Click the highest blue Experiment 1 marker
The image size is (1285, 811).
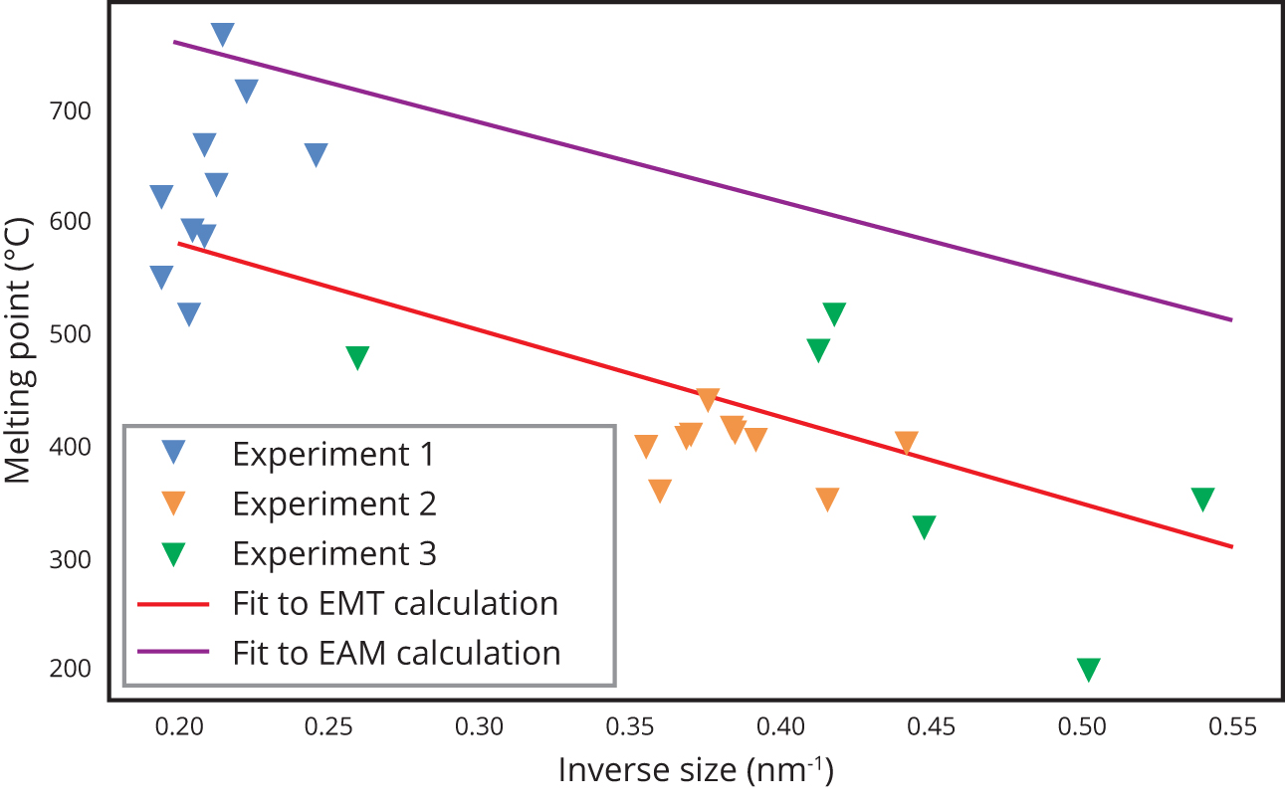point(223,34)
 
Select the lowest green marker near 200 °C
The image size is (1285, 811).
point(1088,669)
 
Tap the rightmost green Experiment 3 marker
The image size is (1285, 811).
point(1202,499)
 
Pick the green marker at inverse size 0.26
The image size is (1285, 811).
point(357,357)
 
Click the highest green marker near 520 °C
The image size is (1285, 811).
point(834,314)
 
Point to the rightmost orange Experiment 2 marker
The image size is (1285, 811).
point(906,443)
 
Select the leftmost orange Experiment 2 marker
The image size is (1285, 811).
point(646,446)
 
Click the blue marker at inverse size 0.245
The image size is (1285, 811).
point(317,154)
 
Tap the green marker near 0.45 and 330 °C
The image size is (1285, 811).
point(924,526)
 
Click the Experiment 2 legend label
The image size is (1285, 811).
point(334,504)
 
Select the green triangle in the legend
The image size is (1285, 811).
point(174,553)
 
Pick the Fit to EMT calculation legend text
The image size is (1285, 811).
point(394,603)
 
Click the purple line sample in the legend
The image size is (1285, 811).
point(173,652)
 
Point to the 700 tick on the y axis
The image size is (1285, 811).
point(71,109)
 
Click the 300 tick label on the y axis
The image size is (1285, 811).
point(71,559)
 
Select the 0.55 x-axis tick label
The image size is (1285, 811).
point(1232,727)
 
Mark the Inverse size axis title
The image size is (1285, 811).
point(695,770)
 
